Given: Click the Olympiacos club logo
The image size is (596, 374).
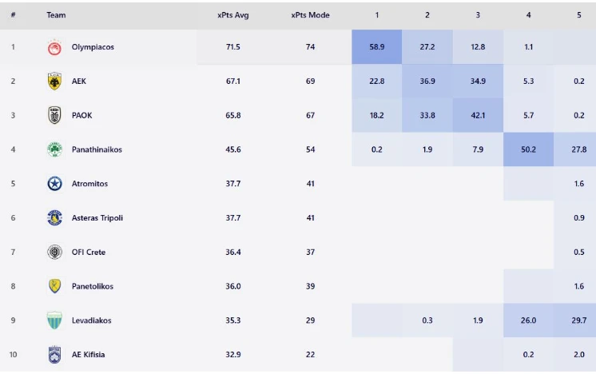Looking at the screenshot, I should [54, 47].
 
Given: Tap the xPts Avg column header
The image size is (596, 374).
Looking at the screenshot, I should [232, 15].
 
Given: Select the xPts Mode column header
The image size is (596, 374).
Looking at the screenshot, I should [310, 15].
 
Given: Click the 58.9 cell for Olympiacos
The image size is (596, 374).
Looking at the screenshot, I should [376, 47].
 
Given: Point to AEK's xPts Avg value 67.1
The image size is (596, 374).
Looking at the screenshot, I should [232, 82].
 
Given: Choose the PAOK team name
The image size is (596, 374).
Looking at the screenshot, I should [81, 116].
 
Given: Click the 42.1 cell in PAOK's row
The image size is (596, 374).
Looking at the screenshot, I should [478, 116].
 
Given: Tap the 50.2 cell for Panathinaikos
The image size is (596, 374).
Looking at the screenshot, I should [528, 149].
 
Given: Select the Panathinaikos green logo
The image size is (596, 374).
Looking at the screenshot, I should [54, 149].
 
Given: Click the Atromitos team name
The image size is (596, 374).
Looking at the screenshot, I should [89, 184].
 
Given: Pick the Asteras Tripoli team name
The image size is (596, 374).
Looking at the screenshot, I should [97, 218].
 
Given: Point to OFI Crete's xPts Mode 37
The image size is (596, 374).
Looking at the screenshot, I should [310, 253].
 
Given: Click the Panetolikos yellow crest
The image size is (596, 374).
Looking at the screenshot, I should [54, 286].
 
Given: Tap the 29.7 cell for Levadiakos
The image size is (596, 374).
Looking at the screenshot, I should [578, 320].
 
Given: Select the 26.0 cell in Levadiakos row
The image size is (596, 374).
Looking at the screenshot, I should [528, 320].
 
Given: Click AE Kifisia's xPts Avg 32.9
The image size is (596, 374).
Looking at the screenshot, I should [232, 355].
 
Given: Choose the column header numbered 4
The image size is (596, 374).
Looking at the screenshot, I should [528, 15].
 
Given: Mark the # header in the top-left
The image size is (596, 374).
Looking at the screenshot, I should [13, 15].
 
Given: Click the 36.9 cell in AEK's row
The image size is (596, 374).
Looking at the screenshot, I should [427, 82].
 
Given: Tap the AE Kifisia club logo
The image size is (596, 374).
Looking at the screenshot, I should [54, 355].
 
